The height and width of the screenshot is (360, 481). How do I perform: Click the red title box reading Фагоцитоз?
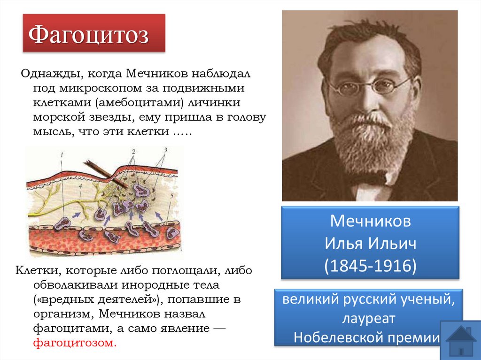[x=94, y=34]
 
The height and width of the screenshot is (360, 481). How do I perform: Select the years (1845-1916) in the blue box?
[x=370, y=266]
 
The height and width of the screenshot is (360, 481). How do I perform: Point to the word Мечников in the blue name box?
[x=370, y=221]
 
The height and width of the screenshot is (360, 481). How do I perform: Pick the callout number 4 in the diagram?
[x=80, y=187]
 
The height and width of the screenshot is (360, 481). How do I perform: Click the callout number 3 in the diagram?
[x=165, y=150]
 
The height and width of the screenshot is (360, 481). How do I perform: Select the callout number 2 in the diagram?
[x=133, y=152]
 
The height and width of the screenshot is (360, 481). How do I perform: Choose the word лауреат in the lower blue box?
[x=369, y=319]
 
